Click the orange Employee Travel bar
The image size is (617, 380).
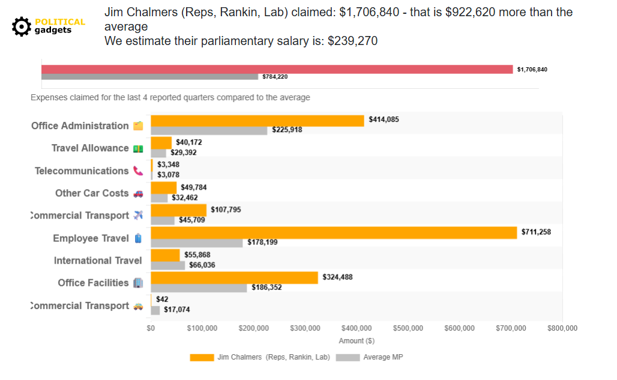click(x=333, y=232)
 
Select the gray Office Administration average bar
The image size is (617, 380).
click(x=209, y=130)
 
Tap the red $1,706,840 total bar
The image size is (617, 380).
click(x=277, y=69)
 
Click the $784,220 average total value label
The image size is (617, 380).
click(x=275, y=77)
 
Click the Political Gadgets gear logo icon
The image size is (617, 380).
click(x=22, y=26)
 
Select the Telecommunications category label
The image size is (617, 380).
click(x=82, y=171)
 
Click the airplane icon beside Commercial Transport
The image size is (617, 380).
click(x=139, y=216)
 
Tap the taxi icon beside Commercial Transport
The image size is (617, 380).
click(x=139, y=306)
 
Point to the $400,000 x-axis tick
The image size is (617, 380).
click(x=357, y=328)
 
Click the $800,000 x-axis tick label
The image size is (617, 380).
click(x=562, y=328)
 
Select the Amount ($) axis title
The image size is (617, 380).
click(x=357, y=341)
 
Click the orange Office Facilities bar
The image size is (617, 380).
click(x=234, y=277)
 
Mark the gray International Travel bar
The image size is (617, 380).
click(x=167, y=265)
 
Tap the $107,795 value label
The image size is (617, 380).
click(x=227, y=210)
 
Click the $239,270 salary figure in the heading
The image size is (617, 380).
click(x=352, y=41)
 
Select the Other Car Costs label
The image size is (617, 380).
click(x=92, y=193)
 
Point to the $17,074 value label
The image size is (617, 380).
click(x=176, y=310)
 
